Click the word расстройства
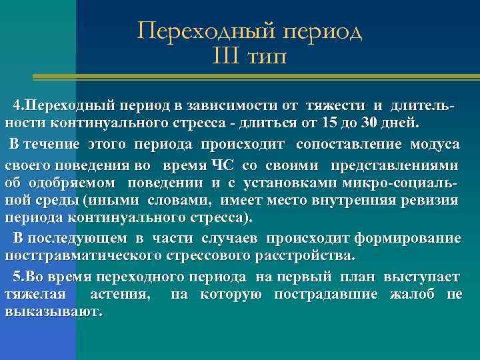click(311, 257)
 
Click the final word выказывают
click(53, 312)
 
